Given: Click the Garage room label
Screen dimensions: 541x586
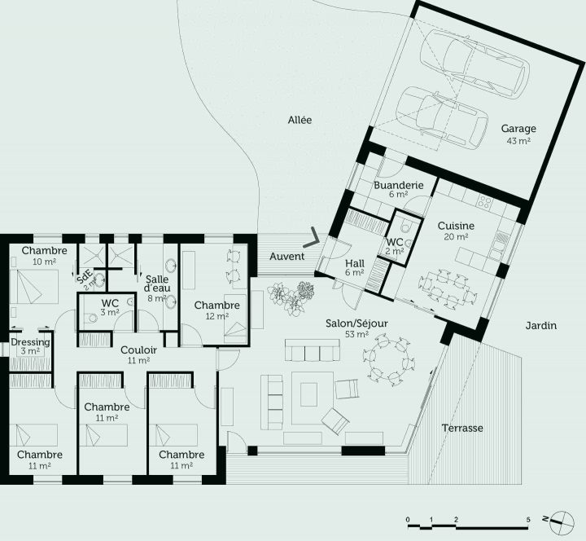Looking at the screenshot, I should pyautogui.click(x=518, y=129).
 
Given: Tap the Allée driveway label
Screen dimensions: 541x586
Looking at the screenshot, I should pyautogui.click(x=300, y=120).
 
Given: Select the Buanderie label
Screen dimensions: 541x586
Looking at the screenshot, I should pyautogui.click(x=398, y=186).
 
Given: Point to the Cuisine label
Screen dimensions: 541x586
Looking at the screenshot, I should pyautogui.click(x=456, y=226).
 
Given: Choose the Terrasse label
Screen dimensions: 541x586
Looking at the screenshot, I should pyautogui.click(x=462, y=428).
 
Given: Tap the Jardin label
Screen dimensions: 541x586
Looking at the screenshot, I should pyautogui.click(x=540, y=326).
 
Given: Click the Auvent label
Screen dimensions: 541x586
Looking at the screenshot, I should pyautogui.click(x=286, y=257).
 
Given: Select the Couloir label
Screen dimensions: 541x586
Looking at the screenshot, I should pyautogui.click(x=138, y=350).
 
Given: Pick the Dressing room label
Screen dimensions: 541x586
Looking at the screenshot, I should pyautogui.click(x=29, y=343).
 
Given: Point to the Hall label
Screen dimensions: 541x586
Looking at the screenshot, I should pyautogui.click(x=355, y=263).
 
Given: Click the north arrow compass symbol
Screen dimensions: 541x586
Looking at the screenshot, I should pyautogui.click(x=559, y=519).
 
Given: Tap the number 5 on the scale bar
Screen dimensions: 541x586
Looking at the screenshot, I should pyautogui.click(x=528, y=519).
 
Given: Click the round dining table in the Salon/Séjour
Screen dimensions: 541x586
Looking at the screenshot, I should pyautogui.click(x=383, y=358).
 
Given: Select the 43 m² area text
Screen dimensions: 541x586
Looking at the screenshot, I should pyautogui.click(x=518, y=141).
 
